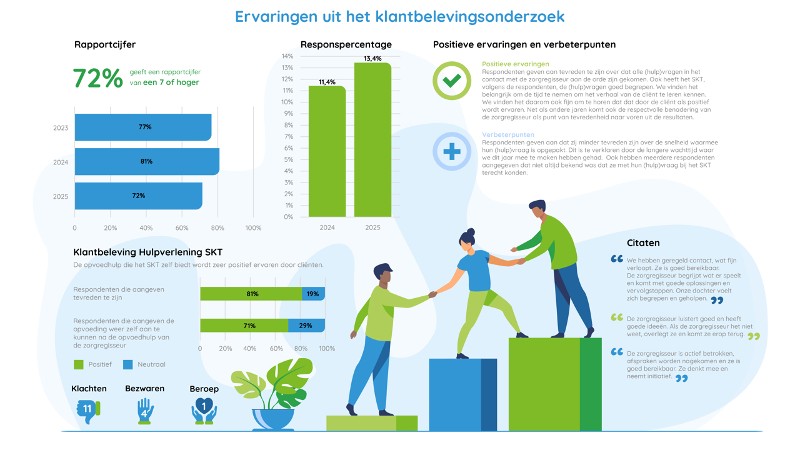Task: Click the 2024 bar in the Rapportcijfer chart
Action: click(x=147, y=161)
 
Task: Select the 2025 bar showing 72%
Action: click(x=138, y=196)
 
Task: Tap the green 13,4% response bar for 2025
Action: click(x=372, y=140)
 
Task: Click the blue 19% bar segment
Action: click(x=313, y=294)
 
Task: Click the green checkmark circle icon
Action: click(x=452, y=81)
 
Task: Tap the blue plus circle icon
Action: click(x=452, y=151)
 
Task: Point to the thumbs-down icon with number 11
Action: click(x=88, y=410)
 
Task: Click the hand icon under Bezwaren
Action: click(x=145, y=411)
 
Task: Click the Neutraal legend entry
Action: click(x=144, y=364)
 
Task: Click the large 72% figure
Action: click(x=97, y=78)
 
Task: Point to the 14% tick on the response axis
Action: click(x=287, y=56)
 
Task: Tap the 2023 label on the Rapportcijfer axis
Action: click(x=61, y=128)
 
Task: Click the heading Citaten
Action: click(x=643, y=243)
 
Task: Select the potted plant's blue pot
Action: click(x=273, y=418)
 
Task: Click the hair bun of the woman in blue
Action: click(x=471, y=232)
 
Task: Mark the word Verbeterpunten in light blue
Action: click(x=507, y=134)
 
